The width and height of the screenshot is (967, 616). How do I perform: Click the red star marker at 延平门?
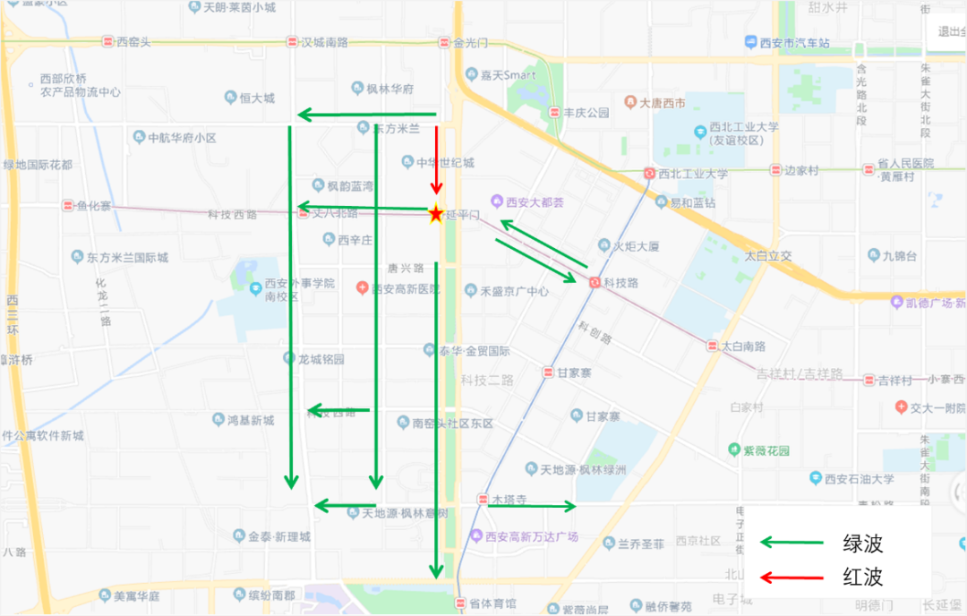tap(435, 214)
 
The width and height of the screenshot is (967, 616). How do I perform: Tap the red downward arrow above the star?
tap(436, 161)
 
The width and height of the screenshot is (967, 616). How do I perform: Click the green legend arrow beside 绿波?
tap(792, 543)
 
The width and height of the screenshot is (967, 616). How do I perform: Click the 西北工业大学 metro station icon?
tap(650, 174)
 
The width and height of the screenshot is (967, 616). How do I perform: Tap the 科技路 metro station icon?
tap(595, 282)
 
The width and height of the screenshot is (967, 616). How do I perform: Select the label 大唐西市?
tap(663, 103)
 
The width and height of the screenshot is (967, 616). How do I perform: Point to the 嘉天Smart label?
tap(508, 75)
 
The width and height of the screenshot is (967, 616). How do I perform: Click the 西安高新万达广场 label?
tap(531, 536)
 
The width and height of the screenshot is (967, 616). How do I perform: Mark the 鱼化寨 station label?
tap(93, 206)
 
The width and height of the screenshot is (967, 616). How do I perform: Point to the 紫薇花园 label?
tap(766, 449)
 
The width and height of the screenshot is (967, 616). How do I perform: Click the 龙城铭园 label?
tap(321, 358)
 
